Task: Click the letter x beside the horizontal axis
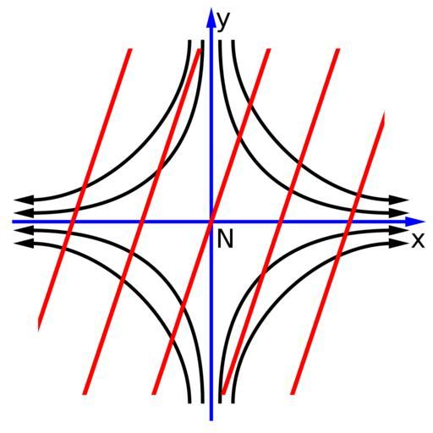(418, 240)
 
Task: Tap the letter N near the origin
(225, 238)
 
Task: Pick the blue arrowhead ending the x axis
(415, 222)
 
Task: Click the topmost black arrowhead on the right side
(399, 200)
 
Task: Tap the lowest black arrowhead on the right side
(399, 244)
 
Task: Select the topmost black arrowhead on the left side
(24, 200)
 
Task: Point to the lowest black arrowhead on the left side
(24, 244)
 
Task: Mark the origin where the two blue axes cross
(211, 222)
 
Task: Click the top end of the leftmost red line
(130, 50)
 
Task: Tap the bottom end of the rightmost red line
(293, 394)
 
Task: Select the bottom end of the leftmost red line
(39, 327)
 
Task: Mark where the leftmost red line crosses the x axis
(72, 222)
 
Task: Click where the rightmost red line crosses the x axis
(348, 222)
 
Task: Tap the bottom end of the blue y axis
(211, 420)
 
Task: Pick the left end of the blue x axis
(13, 222)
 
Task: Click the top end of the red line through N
(269, 50)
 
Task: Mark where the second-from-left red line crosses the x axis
(141, 222)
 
